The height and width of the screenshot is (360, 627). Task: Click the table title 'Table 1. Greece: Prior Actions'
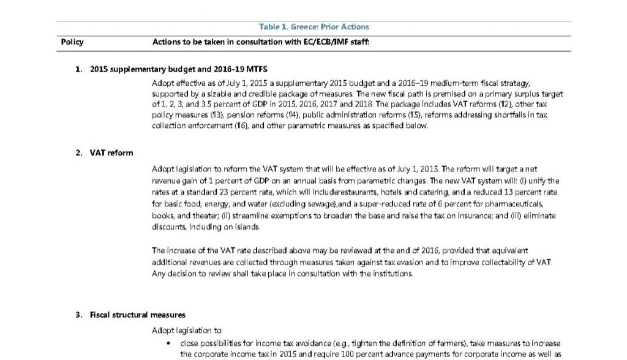coord(313,27)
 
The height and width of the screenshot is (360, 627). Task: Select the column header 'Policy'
coord(72,42)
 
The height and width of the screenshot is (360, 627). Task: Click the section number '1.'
coord(79,69)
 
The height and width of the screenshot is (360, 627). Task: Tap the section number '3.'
coord(79,315)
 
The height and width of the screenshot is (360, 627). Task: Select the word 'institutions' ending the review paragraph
coord(393,274)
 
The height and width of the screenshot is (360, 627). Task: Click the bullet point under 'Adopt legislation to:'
coord(168,344)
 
